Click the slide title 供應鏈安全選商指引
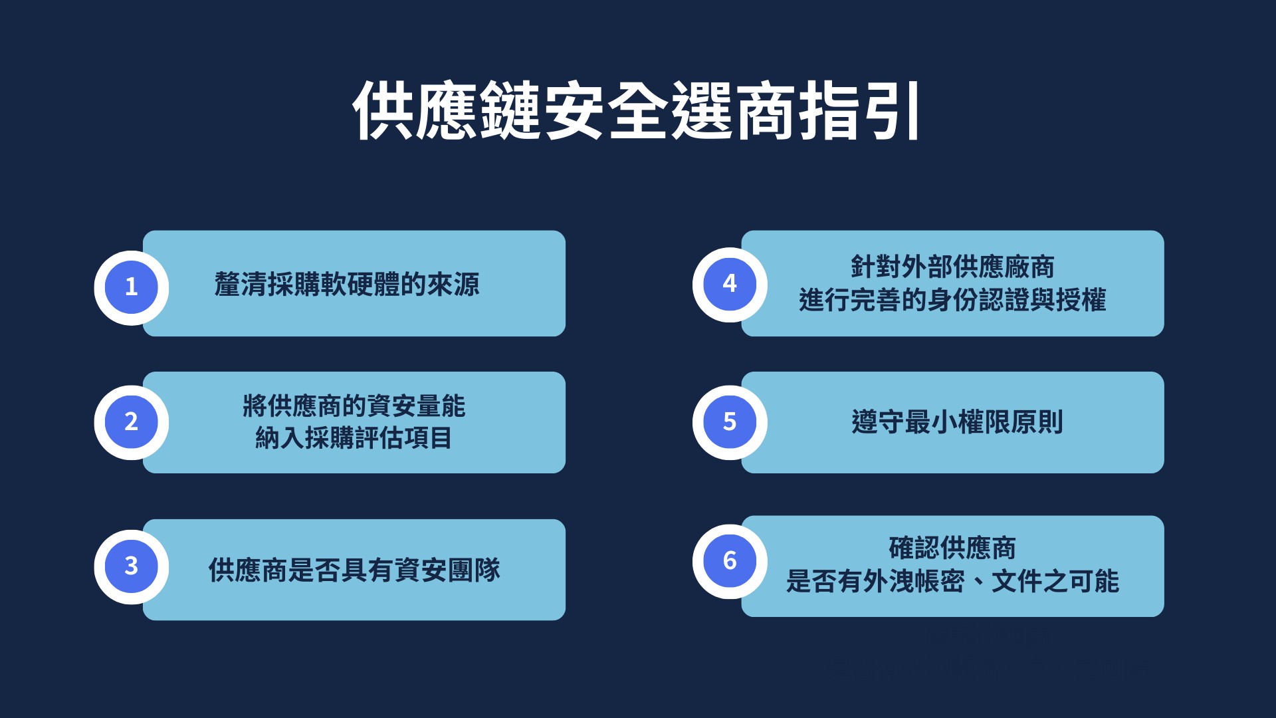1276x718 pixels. [637, 110]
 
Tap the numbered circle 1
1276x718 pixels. [132, 287]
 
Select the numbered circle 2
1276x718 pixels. [132, 422]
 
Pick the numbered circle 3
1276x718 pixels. [132, 566]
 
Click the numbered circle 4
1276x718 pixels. [730, 285]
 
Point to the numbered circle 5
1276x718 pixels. [730, 422]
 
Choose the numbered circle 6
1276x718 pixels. [730, 561]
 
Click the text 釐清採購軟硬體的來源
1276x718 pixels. [347, 285]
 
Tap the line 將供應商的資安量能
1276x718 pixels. [354, 406]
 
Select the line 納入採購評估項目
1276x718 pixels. [354, 438]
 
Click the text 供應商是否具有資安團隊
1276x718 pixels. [354, 570]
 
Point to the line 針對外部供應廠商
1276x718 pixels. [952, 267]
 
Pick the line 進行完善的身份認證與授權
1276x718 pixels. [952, 300]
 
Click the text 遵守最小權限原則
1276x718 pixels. [957, 422]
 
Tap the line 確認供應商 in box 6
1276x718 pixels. [952, 548]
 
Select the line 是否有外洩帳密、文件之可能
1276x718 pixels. [952, 582]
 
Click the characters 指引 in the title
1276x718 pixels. [859, 110]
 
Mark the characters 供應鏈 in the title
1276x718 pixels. [446, 110]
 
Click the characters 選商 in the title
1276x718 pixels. [733, 110]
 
